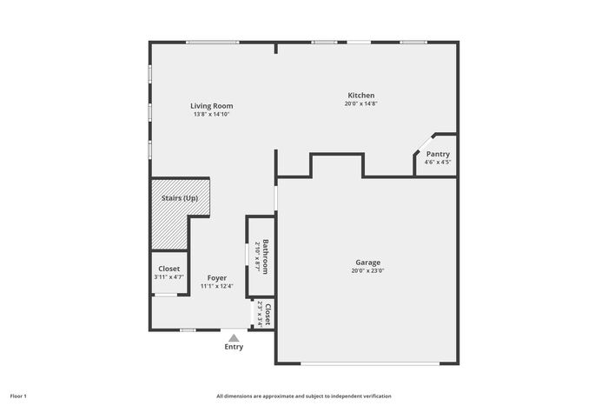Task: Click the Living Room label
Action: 212,106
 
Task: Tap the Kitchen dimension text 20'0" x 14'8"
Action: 361,103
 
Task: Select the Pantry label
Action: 438,154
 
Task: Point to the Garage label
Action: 368,263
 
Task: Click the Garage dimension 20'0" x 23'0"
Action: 368,271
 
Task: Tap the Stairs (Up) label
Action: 180,198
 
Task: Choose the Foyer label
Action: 217,278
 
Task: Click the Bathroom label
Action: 266,256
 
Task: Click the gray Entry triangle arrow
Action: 234,338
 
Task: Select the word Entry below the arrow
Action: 234,347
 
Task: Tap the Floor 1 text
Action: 18,396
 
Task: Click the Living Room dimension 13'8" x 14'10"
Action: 212,115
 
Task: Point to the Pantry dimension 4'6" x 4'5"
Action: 438,163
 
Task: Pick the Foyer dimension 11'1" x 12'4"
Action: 217,286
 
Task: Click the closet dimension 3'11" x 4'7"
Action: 169,277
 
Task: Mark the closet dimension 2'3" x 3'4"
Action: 260,315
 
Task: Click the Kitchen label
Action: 361,96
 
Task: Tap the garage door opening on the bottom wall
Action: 370,363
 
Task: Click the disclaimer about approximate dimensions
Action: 304,396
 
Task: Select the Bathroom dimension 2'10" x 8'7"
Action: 257,256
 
